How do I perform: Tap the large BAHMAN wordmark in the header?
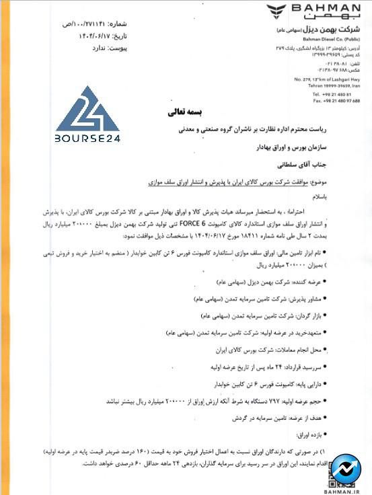328,9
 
